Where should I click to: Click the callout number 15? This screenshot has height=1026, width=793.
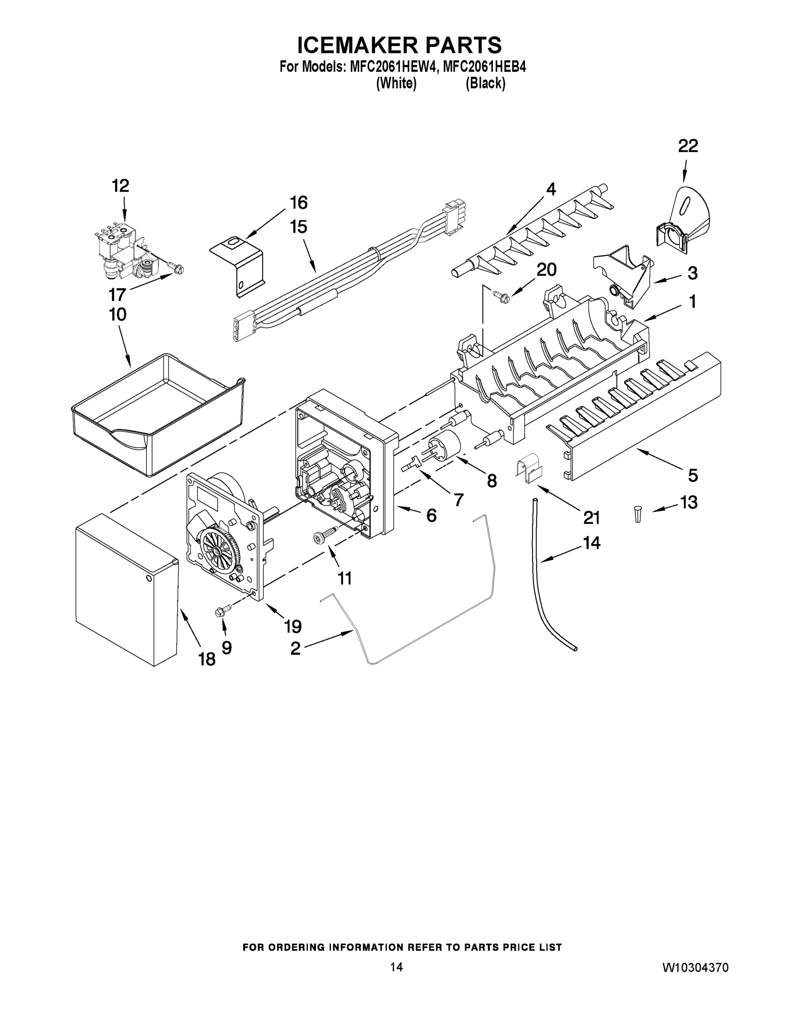click(298, 227)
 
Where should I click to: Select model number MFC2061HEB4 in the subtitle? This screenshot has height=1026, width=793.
click(484, 67)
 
